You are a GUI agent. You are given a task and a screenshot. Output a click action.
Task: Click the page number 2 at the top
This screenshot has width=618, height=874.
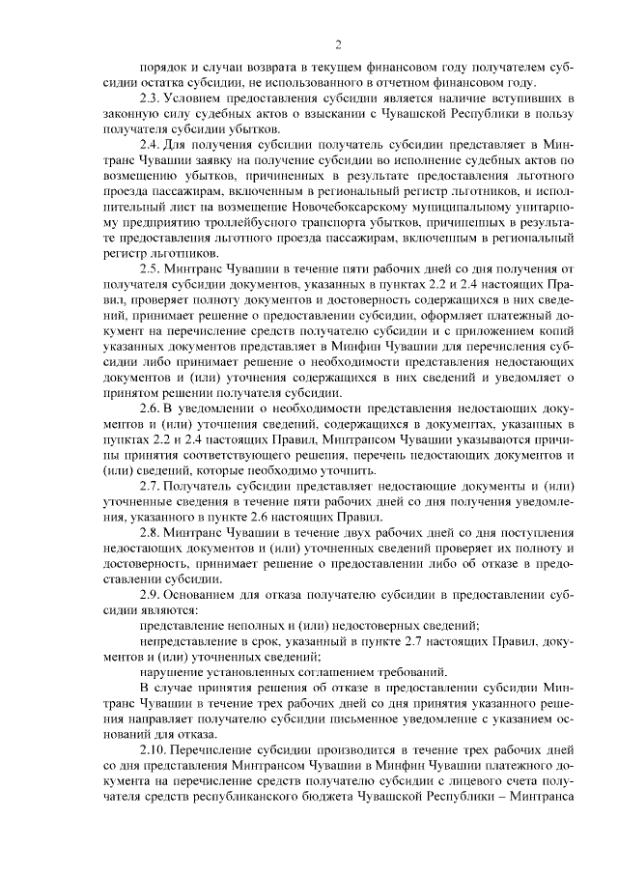click(338, 42)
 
